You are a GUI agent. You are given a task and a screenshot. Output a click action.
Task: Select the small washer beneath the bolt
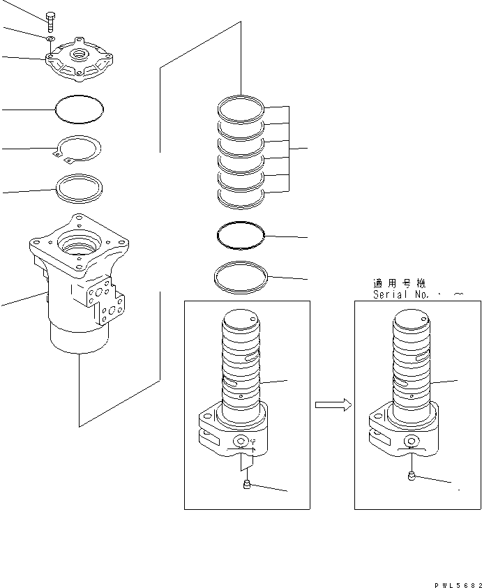click(x=51, y=40)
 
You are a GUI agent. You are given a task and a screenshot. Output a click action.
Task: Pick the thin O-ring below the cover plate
click(x=79, y=108)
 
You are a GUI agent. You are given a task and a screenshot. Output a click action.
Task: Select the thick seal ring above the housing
click(x=79, y=188)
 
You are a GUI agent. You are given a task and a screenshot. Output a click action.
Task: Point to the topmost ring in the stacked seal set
click(x=241, y=108)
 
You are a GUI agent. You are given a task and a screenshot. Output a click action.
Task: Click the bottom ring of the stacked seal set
click(x=241, y=196)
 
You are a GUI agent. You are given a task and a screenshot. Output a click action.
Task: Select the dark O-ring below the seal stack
click(x=241, y=235)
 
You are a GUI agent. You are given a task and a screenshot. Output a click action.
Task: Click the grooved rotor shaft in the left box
click(x=241, y=363)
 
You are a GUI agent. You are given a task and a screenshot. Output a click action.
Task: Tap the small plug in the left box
click(x=246, y=485)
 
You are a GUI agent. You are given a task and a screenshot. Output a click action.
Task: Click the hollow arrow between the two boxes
click(x=332, y=405)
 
